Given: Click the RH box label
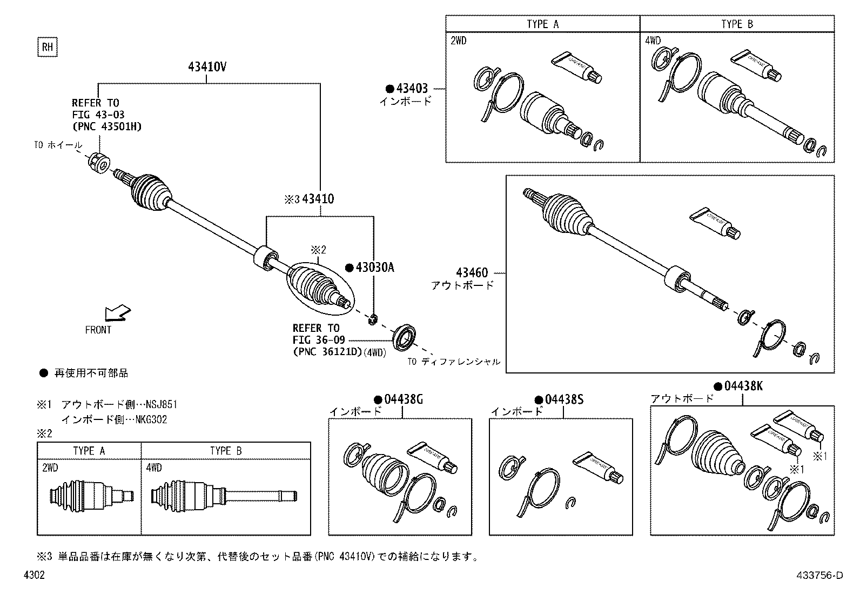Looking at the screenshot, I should pos(48,48).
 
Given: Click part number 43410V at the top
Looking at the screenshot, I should pos(207,68).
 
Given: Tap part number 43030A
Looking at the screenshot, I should pos(374,268).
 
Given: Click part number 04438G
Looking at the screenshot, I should pos(403,400).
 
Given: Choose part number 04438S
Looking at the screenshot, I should pos(564,400).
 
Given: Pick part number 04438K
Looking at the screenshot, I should pos(743,386).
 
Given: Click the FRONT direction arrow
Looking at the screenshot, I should pos(117,313).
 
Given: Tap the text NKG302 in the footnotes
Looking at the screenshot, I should pos(151,419).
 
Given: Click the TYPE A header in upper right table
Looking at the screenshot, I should pos(542,24).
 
